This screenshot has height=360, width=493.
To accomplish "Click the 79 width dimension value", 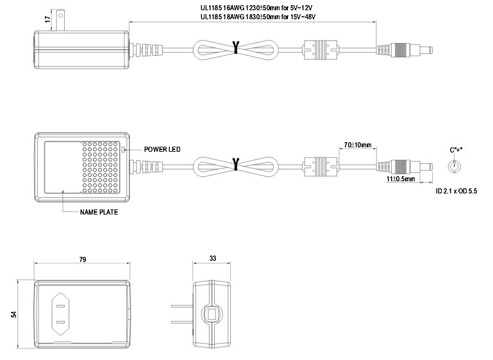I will point(82,259).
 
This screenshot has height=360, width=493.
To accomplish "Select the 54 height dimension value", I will point(13,315).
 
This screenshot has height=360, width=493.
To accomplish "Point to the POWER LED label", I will point(162,149).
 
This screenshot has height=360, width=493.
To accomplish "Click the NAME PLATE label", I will point(99,212).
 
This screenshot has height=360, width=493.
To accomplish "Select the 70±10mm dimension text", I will point(357,145).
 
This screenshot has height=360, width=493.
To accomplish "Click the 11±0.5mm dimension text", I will point(399,180).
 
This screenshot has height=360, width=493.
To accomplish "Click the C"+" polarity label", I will point(456,149).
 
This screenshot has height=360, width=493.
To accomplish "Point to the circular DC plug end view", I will point(455,167).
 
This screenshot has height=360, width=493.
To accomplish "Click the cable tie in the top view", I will point(236,49).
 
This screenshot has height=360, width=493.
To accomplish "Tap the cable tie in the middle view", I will point(236,165).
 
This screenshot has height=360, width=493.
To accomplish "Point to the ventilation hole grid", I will point(101,167).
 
